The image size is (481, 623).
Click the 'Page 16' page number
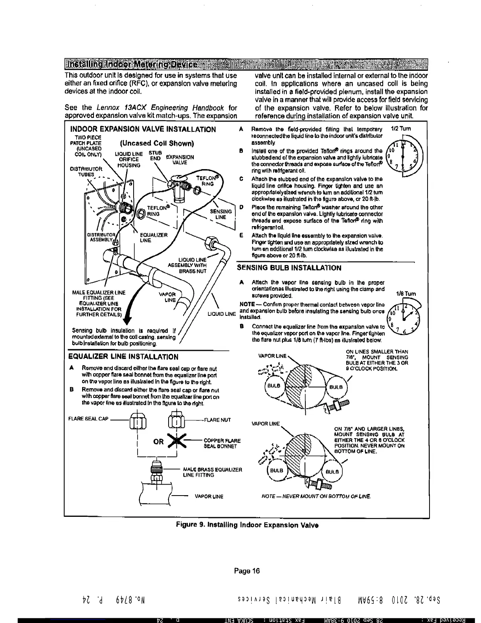pyautogui.click(x=247, y=571)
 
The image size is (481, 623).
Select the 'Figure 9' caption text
pyautogui.click(x=247, y=525)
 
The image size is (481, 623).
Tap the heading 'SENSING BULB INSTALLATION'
pyautogui.click(x=289, y=268)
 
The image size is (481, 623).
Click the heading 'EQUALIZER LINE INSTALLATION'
pyautogui.click(x=123, y=357)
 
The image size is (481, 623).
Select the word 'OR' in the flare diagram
pyautogui.click(x=158, y=441)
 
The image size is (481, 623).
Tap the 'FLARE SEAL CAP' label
pyautogui.click(x=88, y=419)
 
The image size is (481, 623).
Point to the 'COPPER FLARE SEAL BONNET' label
pyautogui.click(x=222, y=443)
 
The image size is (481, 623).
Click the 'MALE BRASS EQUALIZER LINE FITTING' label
pyautogui.click(x=212, y=472)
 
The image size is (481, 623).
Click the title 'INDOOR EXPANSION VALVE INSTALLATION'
pyautogui.click(x=143, y=129)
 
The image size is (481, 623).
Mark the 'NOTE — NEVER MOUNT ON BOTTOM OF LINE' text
pyautogui.click(x=316, y=496)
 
